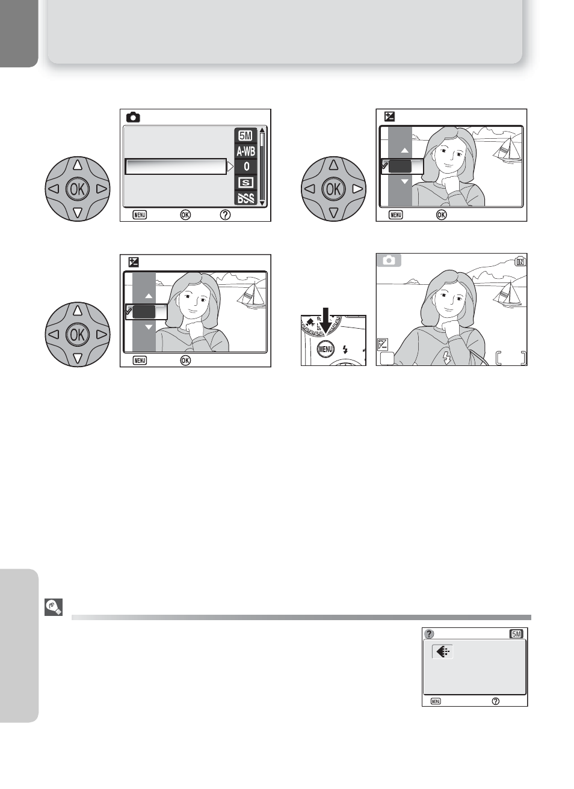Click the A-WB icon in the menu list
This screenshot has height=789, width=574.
pyautogui.click(x=245, y=151)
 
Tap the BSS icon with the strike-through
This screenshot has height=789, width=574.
pyautogui.click(x=245, y=198)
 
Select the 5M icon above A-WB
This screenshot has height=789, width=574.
pyautogui.click(x=245, y=136)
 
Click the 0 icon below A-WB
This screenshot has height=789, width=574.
pyautogui.click(x=246, y=166)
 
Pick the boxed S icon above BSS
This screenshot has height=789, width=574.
pyautogui.click(x=245, y=183)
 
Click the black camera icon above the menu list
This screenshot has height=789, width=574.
pyautogui.click(x=133, y=117)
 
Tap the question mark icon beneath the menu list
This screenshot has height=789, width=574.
pyautogui.click(x=225, y=215)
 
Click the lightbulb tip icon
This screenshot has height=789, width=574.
pyautogui.click(x=54, y=607)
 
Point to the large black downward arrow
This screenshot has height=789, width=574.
pyautogui.click(x=325, y=320)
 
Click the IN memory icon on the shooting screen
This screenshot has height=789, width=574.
pyautogui.click(x=520, y=262)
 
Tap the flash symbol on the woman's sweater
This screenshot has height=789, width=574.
pyautogui.click(x=446, y=358)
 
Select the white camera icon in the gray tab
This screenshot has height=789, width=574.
pyautogui.click(x=389, y=260)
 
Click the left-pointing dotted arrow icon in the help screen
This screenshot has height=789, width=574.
pyautogui.click(x=442, y=651)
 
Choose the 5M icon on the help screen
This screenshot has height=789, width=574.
pyautogui.click(x=516, y=634)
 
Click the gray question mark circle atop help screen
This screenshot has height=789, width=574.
pyautogui.click(x=429, y=634)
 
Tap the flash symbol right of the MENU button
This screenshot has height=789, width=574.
pyautogui.click(x=345, y=349)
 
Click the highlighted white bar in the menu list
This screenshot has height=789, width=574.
pyautogui.click(x=176, y=166)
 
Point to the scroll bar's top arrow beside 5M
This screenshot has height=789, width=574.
pyautogui.click(x=262, y=130)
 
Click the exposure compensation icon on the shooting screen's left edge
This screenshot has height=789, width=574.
pyautogui.click(x=383, y=344)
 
